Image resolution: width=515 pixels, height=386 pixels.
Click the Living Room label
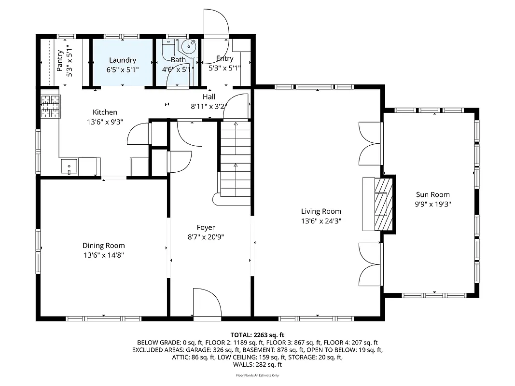click(321, 211)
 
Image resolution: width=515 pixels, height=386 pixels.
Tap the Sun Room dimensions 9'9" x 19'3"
click(433, 204)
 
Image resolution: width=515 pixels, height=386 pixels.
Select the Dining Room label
click(103, 246)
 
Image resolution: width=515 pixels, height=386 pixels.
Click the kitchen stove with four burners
click(50, 106)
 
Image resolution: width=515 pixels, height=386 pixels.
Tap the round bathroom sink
click(188, 47)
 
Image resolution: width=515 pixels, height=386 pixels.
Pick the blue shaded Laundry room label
click(123, 60)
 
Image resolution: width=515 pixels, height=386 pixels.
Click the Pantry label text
click(60, 61)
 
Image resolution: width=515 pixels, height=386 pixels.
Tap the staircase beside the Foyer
click(236, 159)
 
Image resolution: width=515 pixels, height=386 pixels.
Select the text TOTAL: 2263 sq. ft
click(258, 335)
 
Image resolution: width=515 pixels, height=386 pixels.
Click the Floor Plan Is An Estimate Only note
click(257, 375)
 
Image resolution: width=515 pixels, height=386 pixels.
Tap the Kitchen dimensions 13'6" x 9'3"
click(105, 122)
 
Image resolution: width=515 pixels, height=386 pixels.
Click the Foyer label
click(206, 228)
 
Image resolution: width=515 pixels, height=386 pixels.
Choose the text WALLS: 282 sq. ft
click(258, 365)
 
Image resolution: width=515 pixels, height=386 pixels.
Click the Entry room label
click(224, 58)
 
